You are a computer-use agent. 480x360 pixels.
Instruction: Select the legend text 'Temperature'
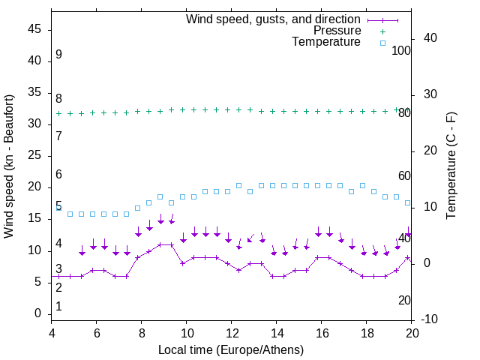click(326, 42)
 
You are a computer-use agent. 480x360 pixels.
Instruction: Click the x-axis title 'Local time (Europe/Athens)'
click(231, 349)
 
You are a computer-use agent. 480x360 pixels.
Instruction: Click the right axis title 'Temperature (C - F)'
click(451, 166)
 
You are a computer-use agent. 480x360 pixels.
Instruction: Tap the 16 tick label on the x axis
click(322, 333)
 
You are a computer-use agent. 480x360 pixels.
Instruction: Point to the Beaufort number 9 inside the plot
click(58, 55)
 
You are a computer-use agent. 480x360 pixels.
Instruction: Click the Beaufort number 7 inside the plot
click(58, 136)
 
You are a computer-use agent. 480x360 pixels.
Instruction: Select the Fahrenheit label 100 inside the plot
click(401, 50)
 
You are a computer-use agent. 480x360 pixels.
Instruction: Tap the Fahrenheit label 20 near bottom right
click(404, 300)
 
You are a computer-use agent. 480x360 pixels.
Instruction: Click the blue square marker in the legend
click(382, 42)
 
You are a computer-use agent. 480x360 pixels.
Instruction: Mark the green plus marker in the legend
click(382, 31)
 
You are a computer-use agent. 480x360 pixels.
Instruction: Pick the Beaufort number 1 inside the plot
click(58, 307)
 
